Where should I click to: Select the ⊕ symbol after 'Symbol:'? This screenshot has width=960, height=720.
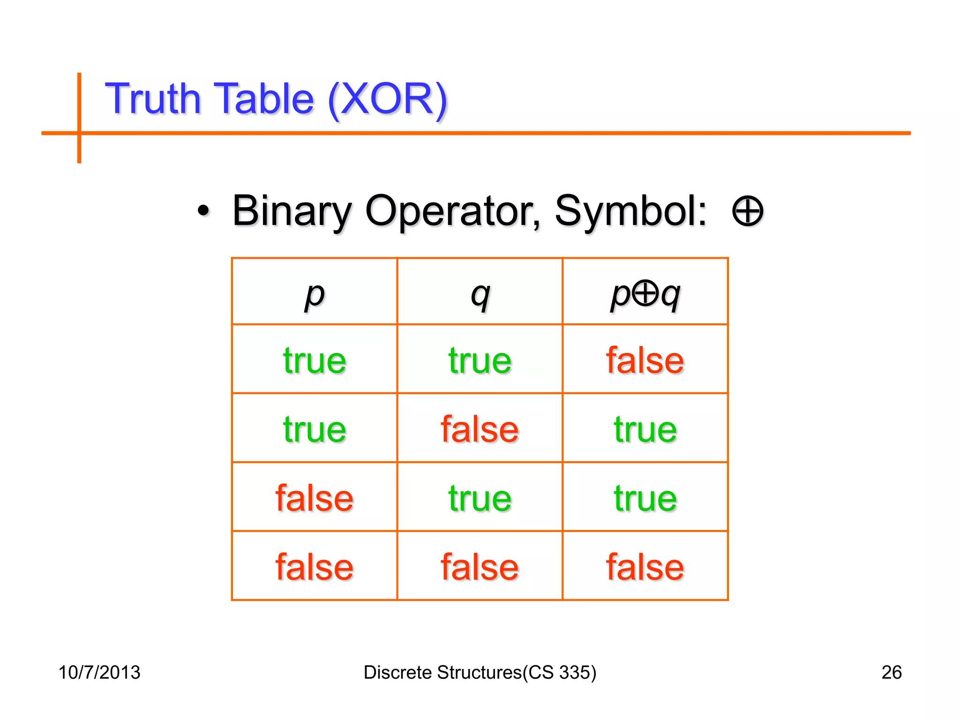click(747, 211)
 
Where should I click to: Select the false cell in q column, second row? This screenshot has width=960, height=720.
click(480, 429)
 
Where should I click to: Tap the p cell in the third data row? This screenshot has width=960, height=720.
click(314, 498)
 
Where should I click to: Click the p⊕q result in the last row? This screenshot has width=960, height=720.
click(645, 567)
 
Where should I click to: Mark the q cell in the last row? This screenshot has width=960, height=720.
click(480, 567)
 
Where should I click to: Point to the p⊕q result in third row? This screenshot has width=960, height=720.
click(645, 498)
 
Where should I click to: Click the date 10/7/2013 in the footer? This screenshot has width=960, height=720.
click(99, 672)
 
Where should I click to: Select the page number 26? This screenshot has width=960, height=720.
click(891, 672)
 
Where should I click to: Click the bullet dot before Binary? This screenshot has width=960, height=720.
click(203, 211)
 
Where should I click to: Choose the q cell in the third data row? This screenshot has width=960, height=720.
click(480, 498)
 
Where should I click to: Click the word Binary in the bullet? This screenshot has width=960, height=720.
click(292, 211)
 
